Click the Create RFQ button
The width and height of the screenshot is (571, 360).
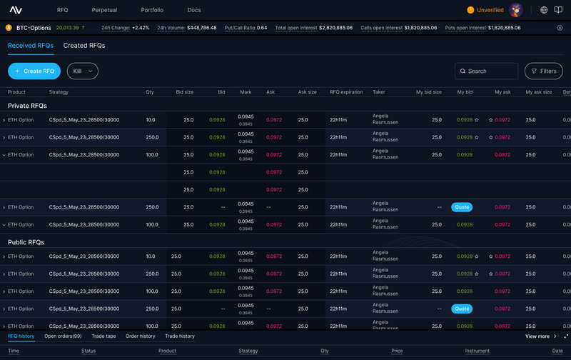coord(34,71)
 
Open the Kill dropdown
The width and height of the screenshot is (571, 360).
coord(83,71)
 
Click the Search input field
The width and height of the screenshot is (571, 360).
coord(487,71)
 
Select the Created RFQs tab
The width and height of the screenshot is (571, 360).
coord(84,45)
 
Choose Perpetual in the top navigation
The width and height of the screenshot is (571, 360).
coord(104,10)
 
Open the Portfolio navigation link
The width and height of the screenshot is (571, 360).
coord(152,10)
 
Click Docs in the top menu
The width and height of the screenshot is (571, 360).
coord(194,10)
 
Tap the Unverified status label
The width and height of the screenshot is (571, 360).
coord(490,10)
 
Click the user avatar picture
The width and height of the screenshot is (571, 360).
coord(516,10)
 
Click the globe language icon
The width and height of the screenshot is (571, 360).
coord(544,10)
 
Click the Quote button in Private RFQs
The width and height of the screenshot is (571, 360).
coord(462,207)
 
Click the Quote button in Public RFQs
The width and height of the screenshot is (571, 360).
coord(462,309)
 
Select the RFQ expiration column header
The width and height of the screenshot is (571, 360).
coord(346,92)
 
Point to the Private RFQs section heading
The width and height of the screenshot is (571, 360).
coord(27,106)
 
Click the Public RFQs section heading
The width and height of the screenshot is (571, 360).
coord(26,242)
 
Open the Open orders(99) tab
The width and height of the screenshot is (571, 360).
coord(63,336)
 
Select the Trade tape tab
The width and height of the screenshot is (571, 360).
coord(103,336)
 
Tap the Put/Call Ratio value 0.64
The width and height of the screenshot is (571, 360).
coord(262,28)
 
